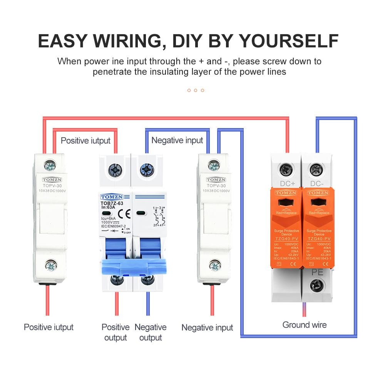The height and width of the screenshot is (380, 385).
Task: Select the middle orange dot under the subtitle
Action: click(196, 90)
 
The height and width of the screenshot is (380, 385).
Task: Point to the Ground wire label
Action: click(304, 325)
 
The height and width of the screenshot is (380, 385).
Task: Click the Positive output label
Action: click(115, 332)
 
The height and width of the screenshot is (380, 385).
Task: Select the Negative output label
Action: click(150, 332)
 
